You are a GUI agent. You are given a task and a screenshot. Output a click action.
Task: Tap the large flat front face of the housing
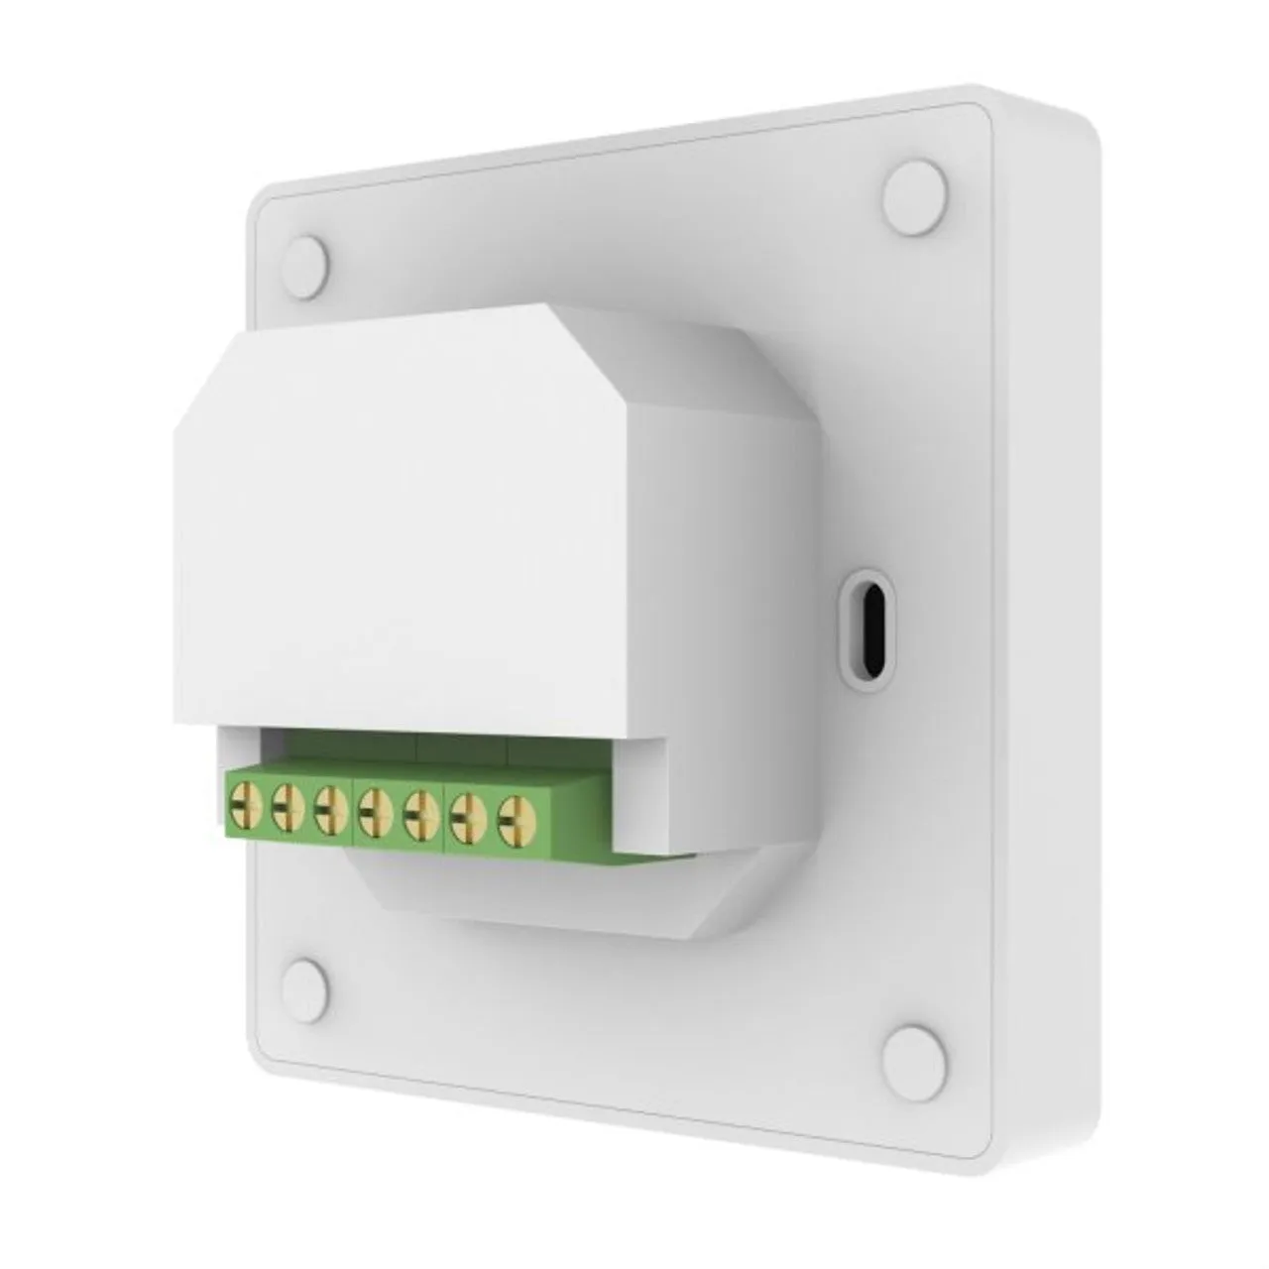click(397, 545)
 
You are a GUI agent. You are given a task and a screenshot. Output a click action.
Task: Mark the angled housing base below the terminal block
click(555, 892)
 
